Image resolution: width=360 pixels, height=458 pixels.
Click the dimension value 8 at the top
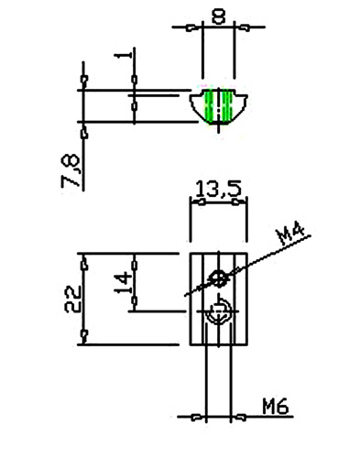[219, 16]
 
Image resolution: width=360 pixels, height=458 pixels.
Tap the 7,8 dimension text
[71, 170]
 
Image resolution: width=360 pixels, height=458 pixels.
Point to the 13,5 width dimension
[218, 189]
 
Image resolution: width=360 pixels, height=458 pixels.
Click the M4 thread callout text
[290, 234]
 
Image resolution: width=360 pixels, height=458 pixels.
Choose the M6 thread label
[276, 406]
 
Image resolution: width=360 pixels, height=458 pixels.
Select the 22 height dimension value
[73, 299]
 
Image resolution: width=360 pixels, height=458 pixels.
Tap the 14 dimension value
[123, 282]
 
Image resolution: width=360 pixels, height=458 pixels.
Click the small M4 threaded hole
[219, 278]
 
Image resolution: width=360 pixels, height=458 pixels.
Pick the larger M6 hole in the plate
[218, 312]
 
